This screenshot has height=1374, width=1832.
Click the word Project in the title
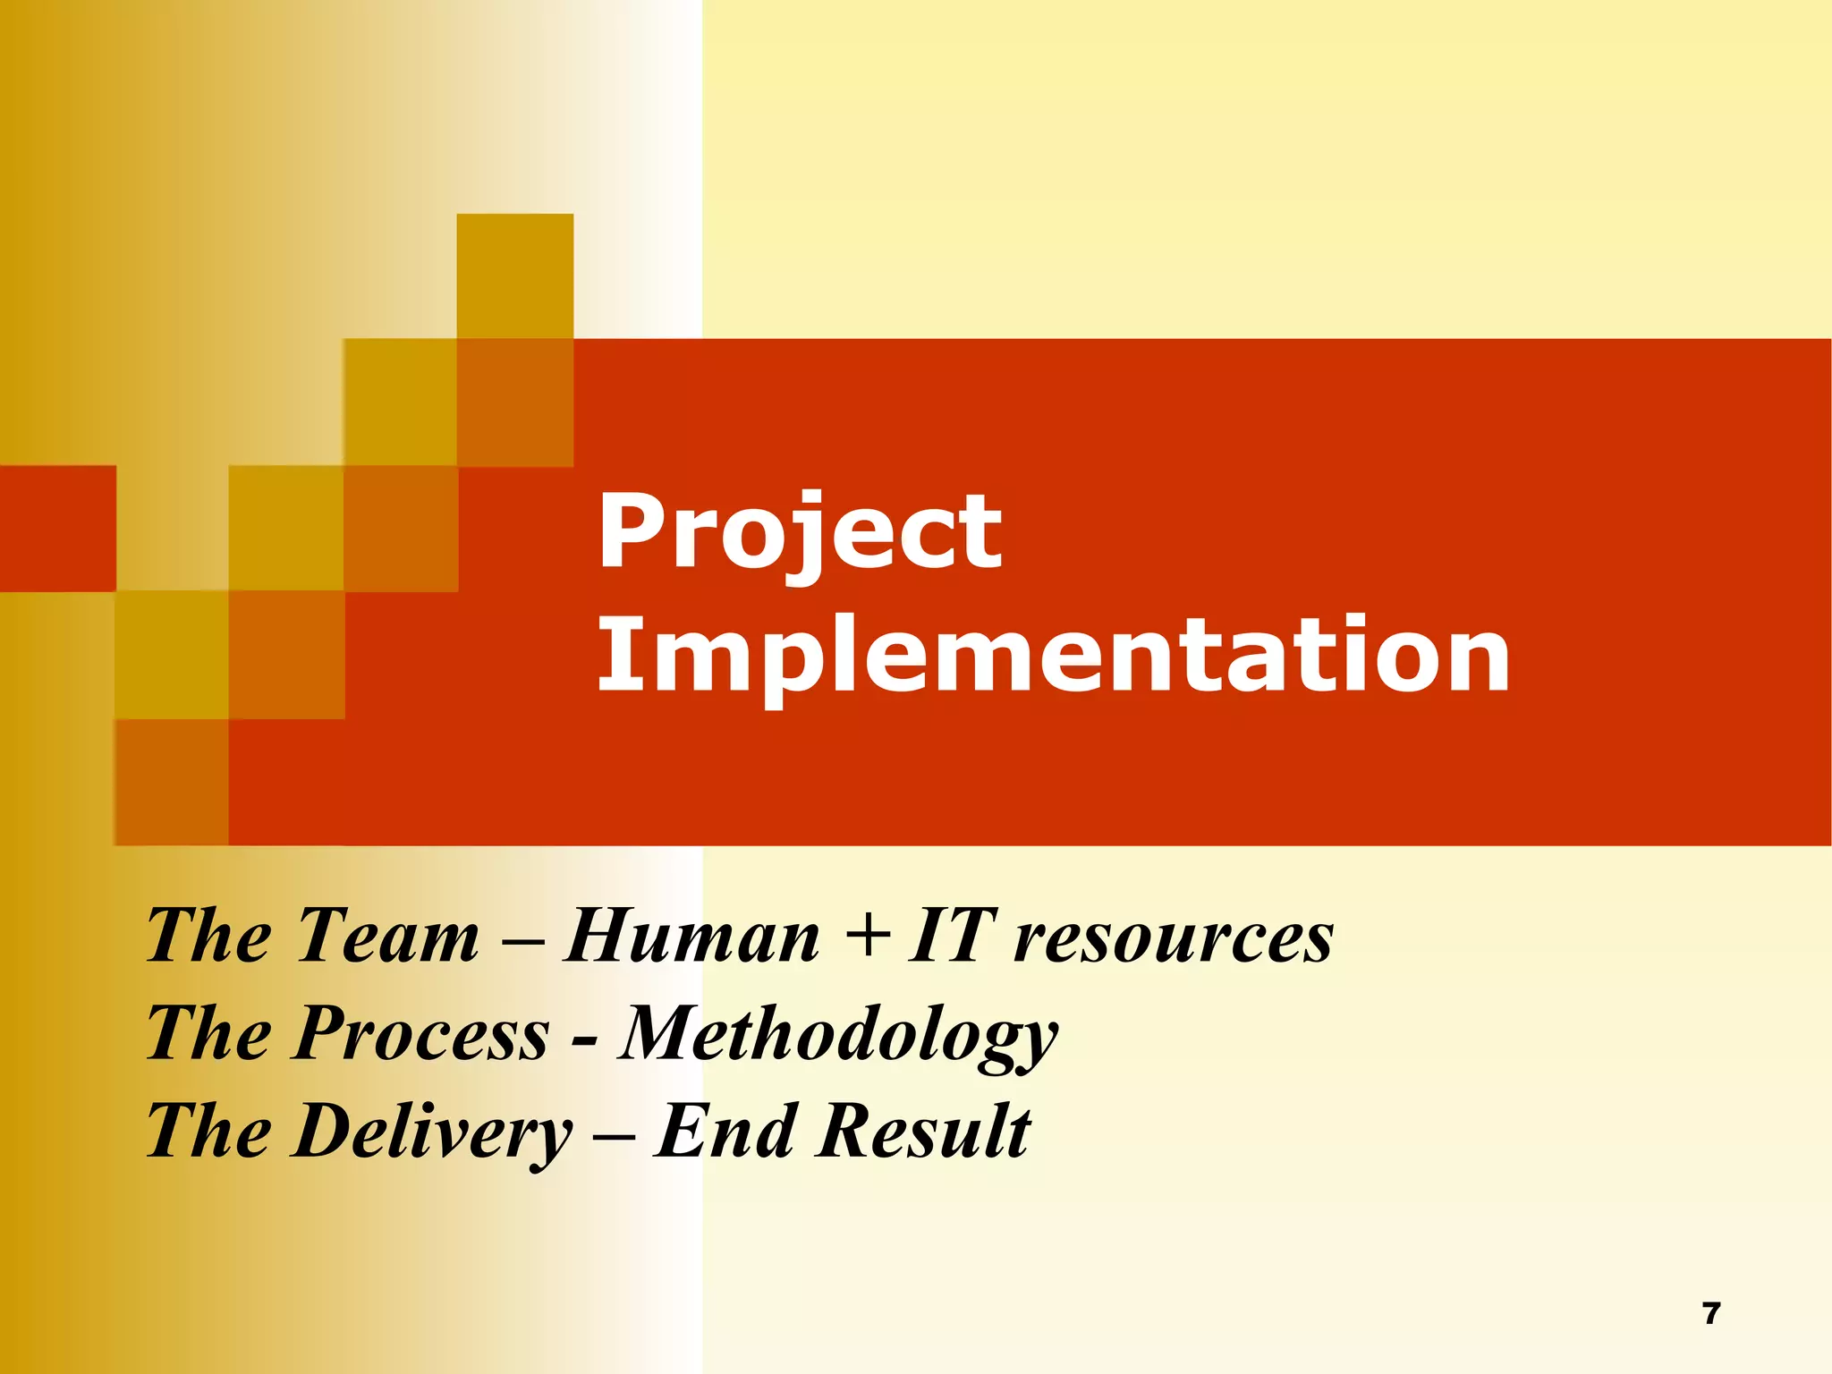click(x=799, y=533)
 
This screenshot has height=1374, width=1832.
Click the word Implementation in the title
click(x=1053, y=657)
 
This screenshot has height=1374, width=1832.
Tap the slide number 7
click(x=1710, y=1313)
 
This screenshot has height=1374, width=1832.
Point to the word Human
click(x=691, y=936)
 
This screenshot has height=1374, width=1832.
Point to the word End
click(x=725, y=1131)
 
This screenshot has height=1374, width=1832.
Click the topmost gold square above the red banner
click(x=514, y=276)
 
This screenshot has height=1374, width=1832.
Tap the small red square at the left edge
click(x=57, y=528)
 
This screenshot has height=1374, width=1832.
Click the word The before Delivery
click(x=208, y=1131)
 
